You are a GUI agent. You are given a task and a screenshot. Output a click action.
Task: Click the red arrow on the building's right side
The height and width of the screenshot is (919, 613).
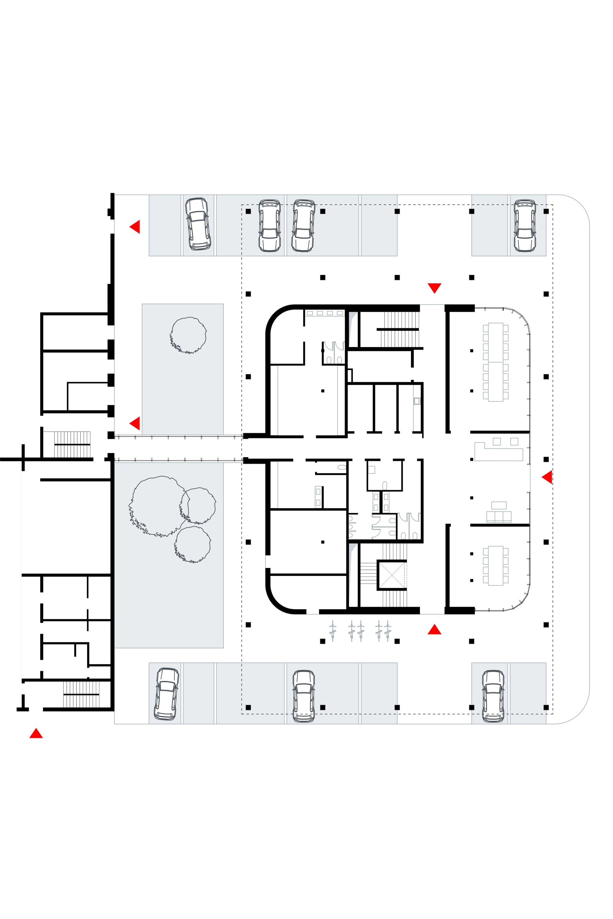pyautogui.click(x=547, y=477)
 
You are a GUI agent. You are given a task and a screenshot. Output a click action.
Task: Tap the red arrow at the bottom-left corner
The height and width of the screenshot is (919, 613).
pyautogui.click(x=36, y=733)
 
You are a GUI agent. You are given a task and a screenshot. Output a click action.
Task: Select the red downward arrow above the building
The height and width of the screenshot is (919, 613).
pyautogui.click(x=434, y=288)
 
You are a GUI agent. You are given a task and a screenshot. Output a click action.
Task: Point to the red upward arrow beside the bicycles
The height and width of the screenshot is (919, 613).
pyautogui.click(x=434, y=630)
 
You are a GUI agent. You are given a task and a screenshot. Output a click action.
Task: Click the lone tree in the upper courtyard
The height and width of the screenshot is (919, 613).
pyautogui.click(x=188, y=335)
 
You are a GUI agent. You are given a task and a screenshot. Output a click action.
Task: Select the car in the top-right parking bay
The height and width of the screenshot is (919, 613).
pyautogui.click(x=525, y=225)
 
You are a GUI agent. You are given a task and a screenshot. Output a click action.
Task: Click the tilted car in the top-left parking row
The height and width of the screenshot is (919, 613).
pyautogui.click(x=198, y=224)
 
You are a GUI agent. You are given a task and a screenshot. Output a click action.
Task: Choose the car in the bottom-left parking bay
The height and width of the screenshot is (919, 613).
pyautogui.click(x=166, y=694)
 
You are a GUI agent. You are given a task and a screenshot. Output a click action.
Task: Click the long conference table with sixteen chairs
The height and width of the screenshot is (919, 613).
pyautogui.click(x=495, y=362)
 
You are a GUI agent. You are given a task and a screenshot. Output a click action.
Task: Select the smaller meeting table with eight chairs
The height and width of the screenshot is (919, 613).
pyautogui.click(x=495, y=565)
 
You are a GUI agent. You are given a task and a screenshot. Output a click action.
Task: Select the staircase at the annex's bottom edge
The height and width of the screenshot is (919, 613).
pyautogui.click(x=81, y=694)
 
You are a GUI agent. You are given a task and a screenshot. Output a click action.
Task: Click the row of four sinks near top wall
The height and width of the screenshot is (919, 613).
pyautogui.click(x=325, y=313)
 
